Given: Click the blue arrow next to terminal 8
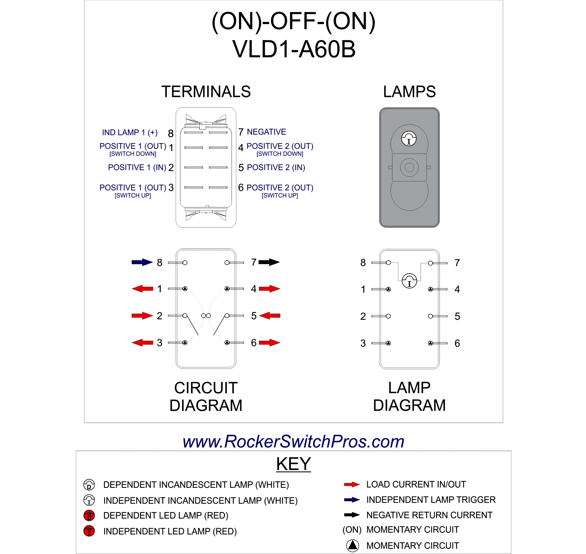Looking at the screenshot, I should click(142, 262).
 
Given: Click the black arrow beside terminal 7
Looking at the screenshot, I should click(269, 262).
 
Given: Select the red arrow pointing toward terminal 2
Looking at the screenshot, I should click(142, 315).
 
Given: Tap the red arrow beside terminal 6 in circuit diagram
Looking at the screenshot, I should click(269, 343).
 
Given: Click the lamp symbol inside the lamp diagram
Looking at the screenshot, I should click(409, 281).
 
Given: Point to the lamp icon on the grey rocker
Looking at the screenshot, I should click(409, 139).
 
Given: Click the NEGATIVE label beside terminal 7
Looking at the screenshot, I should click(266, 132).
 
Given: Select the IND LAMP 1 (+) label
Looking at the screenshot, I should click(130, 132).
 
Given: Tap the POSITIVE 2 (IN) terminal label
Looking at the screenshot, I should click(276, 167).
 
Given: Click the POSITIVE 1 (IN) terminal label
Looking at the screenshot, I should click(137, 167).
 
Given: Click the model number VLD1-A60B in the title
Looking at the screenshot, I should click(293, 49).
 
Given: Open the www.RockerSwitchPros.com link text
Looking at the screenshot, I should click(293, 441).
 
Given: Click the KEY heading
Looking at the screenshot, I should click(293, 464).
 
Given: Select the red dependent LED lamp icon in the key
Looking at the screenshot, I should click(89, 515).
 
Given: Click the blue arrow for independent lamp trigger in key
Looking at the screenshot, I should click(352, 500).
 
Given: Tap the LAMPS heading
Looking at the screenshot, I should click(409, 92).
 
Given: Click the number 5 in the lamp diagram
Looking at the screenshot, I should click(457, 316).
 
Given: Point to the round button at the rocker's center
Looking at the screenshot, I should click(409, 167).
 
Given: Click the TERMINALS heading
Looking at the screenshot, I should click(206, 92).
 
